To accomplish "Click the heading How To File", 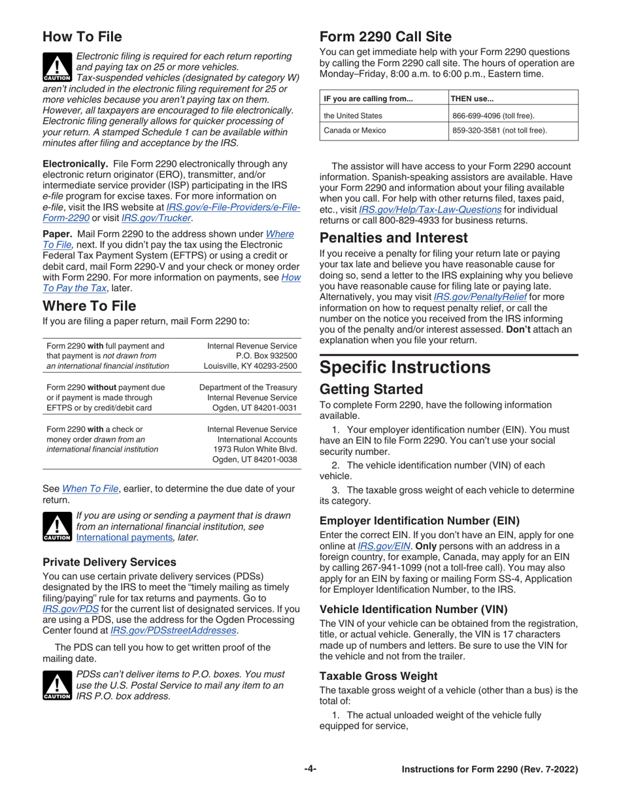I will point(84,35).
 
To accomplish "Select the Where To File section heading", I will point(90,306).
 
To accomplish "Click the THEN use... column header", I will point(473,99).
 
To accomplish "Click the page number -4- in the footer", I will point(310,769).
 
